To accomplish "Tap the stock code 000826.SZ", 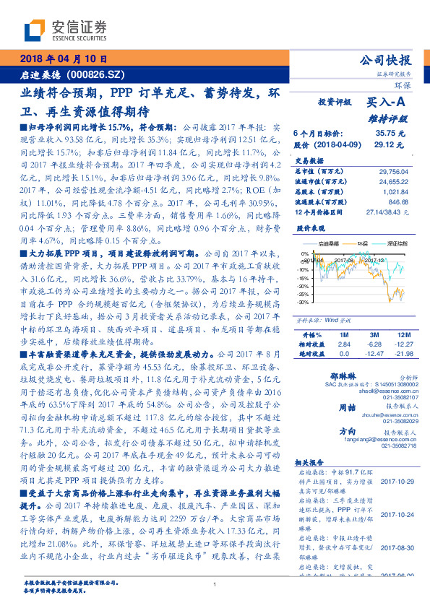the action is (98, 74).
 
